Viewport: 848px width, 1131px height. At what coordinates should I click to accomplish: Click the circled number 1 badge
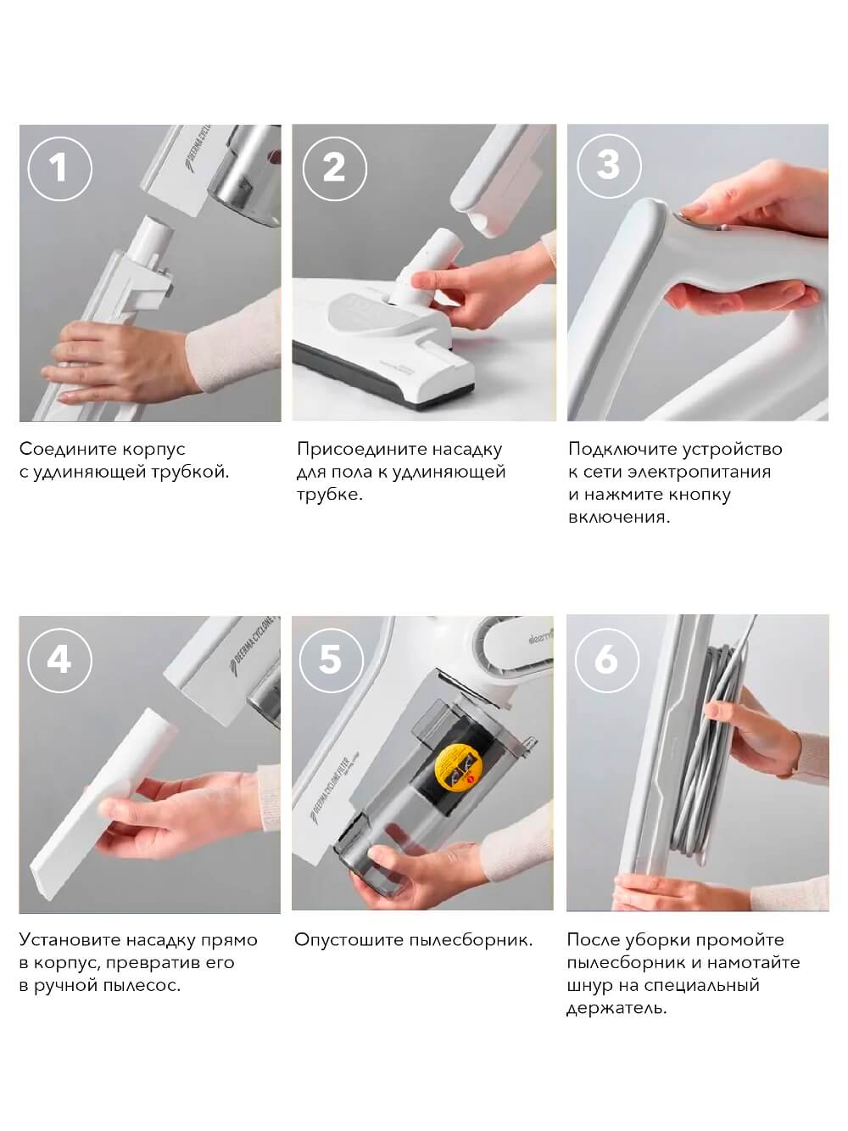[x=59, y=169]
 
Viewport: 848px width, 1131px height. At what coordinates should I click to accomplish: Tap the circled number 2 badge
[x=335, y=169]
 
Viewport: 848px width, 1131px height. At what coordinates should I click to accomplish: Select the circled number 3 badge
[x=609, y=166]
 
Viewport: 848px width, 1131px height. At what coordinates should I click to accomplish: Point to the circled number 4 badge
[x=59, y=660]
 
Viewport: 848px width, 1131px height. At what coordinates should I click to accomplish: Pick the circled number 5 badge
[x=331, y=660]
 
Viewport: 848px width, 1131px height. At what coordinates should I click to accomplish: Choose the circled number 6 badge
[x=606, y=659]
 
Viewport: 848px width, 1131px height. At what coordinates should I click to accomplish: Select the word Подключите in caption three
[x=622, y=450]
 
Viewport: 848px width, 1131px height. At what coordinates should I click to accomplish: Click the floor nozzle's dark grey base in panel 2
[x=383, y=377]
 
